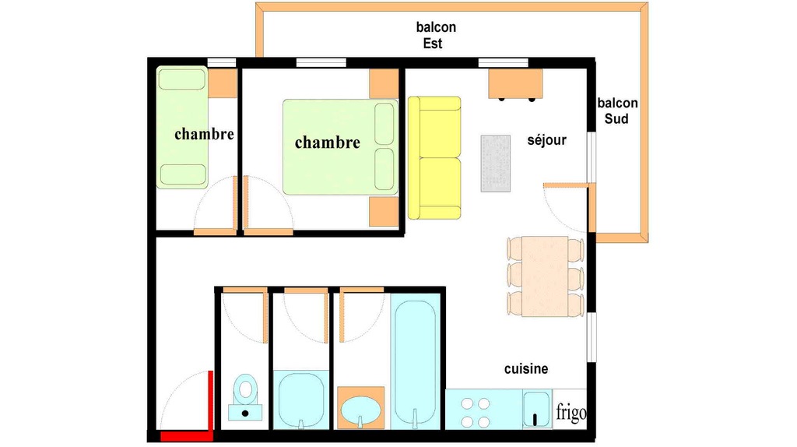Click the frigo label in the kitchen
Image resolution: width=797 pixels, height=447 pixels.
571,413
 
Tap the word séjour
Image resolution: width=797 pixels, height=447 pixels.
546,140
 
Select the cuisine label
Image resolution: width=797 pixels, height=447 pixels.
526,368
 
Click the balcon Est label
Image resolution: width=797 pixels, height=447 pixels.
436,35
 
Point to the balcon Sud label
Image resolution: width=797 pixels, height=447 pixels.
617,111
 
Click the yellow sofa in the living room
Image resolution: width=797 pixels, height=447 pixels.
434,158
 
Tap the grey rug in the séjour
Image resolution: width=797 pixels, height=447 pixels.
496,164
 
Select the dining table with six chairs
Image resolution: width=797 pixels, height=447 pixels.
545,276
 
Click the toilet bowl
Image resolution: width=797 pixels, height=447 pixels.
245,397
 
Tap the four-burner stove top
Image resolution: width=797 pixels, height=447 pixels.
476,413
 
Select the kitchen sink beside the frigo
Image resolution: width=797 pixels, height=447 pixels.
536,409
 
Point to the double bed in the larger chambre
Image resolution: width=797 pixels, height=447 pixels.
340,147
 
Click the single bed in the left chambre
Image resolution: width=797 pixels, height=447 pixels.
182,127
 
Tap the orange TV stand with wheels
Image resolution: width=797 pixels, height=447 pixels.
515,84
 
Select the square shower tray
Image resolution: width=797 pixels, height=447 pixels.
301,399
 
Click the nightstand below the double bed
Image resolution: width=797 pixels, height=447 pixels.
384,212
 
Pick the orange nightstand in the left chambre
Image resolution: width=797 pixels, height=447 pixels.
223,83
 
